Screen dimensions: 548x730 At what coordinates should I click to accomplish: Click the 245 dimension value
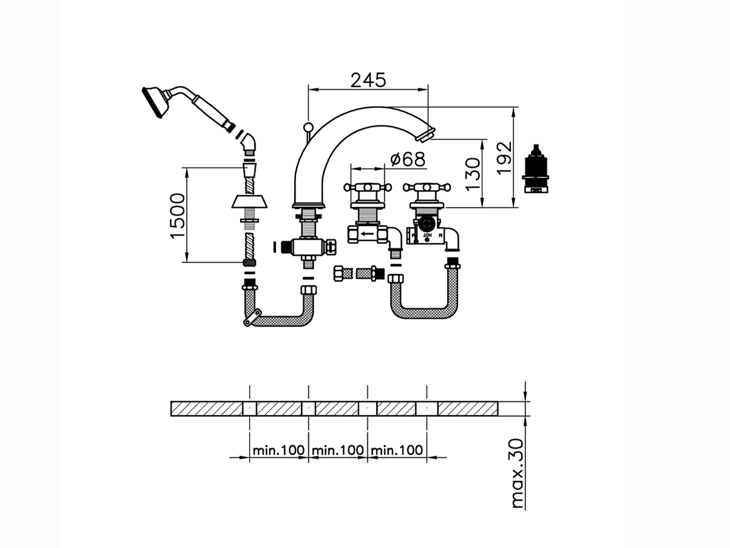368,80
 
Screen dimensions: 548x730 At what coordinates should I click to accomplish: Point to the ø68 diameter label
408,159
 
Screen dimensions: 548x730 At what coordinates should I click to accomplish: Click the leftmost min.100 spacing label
279,450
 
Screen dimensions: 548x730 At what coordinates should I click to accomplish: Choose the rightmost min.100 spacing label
397,450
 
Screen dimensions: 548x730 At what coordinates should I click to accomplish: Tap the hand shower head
155,103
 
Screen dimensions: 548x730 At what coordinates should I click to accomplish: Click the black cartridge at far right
536,168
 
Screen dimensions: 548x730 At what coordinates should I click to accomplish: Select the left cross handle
366,187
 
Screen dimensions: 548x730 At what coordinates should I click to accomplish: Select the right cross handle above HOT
427,187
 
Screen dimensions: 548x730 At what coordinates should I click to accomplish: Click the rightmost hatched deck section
468,409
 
